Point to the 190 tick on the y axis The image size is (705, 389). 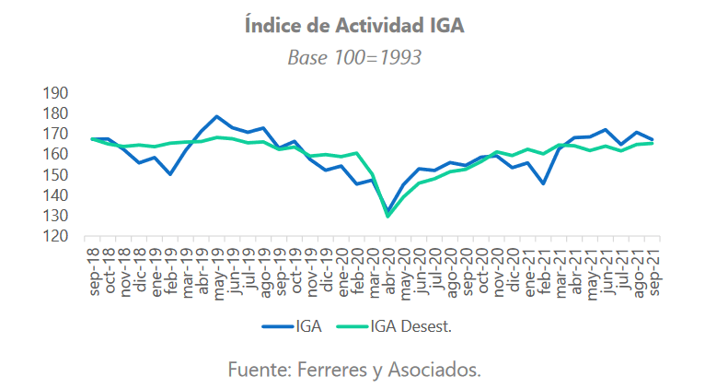(x=57, y=93)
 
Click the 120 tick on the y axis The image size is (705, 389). (x=57, y=236)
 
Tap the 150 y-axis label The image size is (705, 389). (x=57, y=175)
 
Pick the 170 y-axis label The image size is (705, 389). (x=57, y=134)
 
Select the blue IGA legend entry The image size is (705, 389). (x=294, y=326)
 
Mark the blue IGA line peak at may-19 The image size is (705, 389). (x=216, y=117)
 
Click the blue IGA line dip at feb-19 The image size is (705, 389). (x=170, y=173)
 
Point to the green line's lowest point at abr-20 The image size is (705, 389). (x=387, y=216)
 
